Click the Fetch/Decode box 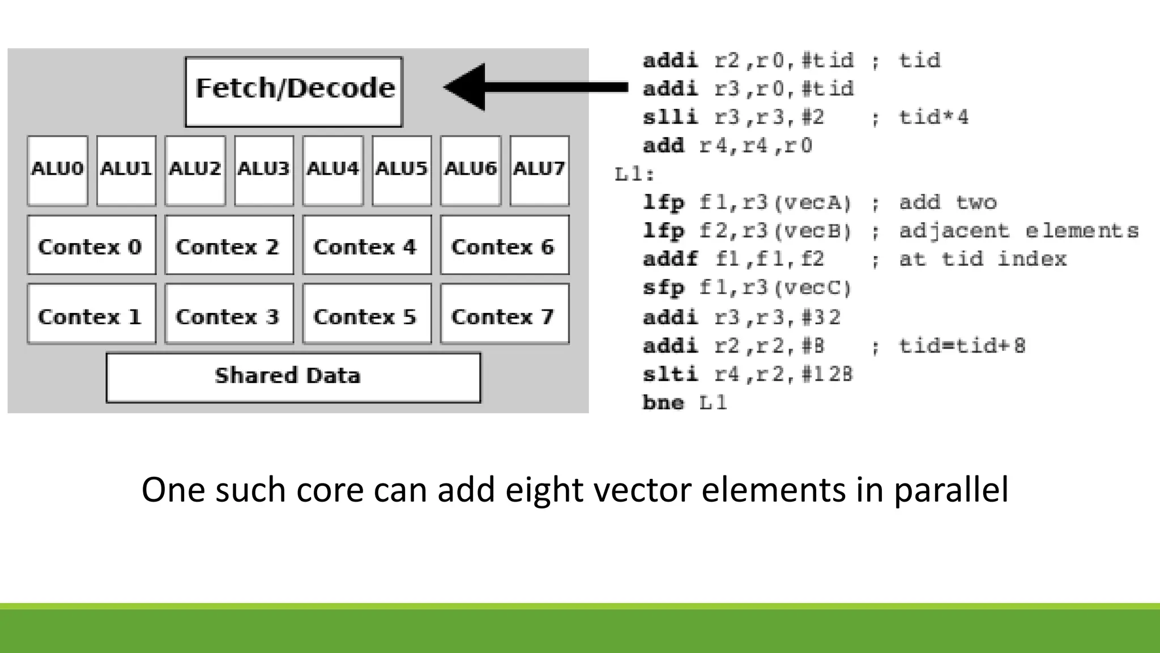click(x=294, y=91)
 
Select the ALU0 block click(x=57, y=170)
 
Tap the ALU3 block click(x=264, y=170)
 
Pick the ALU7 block click(x=539, y=170)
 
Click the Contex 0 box click(x=91, y=245)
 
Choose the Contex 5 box click(x=366, y=314)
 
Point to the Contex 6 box click(x=504, y=245)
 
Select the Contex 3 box click(x=229, y=314)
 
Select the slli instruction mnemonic click(x=670, y=117)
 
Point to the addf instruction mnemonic click(x=670, y=260)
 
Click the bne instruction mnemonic click(x=663, y=402)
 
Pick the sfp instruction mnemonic click(x=663, y=289)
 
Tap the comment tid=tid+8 click(x=962, y=346)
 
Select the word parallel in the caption click(x=951, y=490)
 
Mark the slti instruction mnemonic click(x=670, y=374)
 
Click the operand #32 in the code click(x=821, y=317)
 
